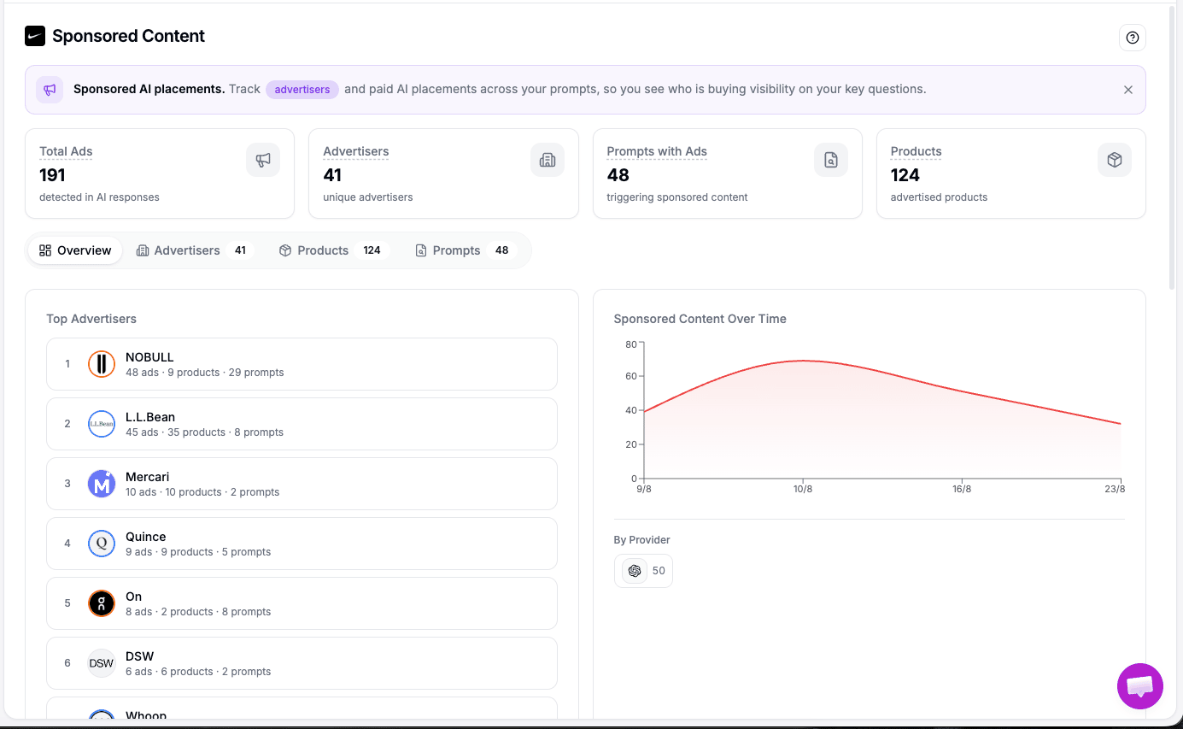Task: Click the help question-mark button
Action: tap(1132, 38)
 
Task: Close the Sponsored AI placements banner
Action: tap(1128, 90)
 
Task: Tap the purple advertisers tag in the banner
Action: tap(302, 89)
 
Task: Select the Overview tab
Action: tap(75, 250)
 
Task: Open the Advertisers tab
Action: tap(194, 250)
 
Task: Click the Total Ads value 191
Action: tap(52, 175)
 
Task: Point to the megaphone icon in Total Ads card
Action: tap(263, 160)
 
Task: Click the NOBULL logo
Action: tap(102, 364)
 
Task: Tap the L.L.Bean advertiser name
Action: tap(150, 417)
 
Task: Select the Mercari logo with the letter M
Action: tap(102, 484)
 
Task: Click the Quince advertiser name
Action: tap(146, 537)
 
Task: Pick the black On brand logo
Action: tap(102, 603)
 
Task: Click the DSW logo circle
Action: tap(102, 663)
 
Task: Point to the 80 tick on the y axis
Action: tap(630, 344)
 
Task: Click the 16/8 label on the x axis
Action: tap(962, 489)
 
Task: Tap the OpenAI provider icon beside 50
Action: tap(635, 571)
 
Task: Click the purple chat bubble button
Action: tap(1139, 686)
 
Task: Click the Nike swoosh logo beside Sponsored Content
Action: tap(35, 36)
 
